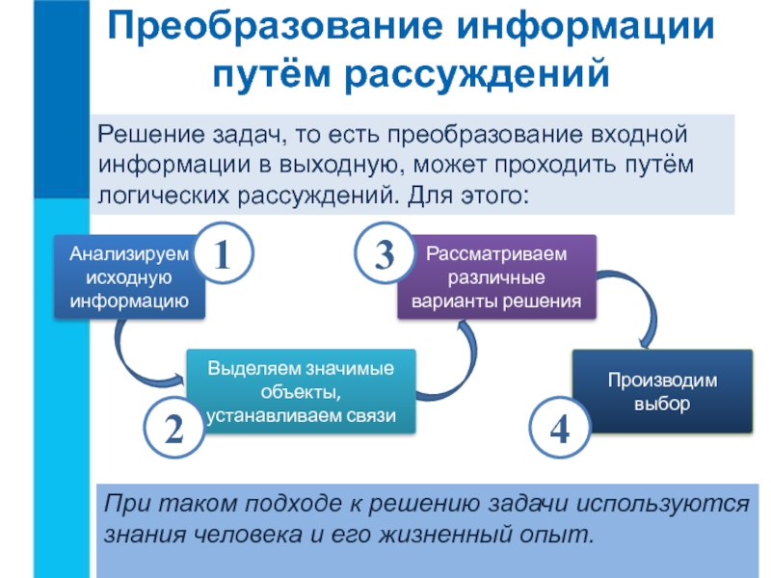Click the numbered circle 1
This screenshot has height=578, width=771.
tap(223, 255)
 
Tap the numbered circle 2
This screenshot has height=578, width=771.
tap(173, 430)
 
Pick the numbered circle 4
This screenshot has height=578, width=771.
tap(559, 430)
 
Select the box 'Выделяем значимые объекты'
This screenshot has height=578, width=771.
tap(300, 391)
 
